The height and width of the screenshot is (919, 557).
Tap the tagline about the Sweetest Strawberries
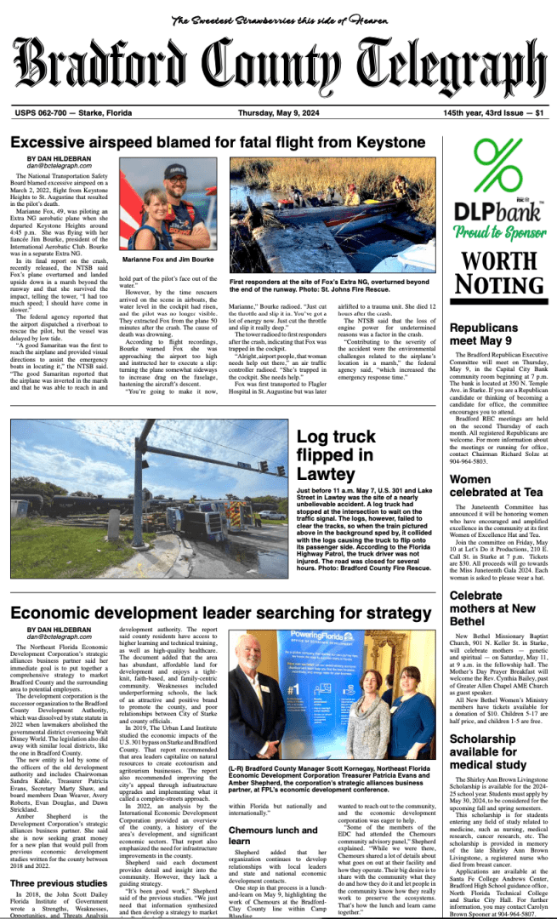(x=278, y=20)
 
